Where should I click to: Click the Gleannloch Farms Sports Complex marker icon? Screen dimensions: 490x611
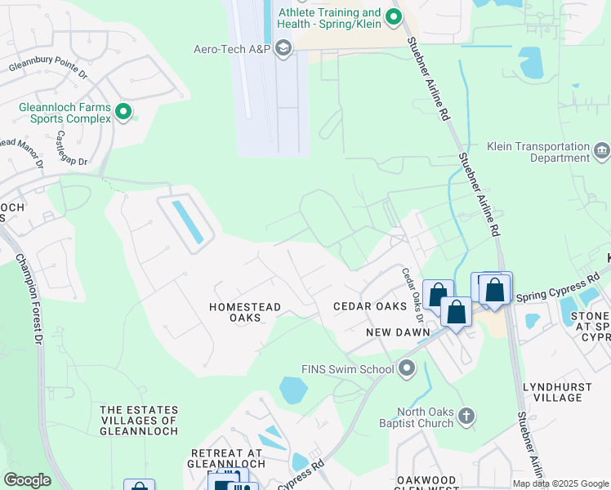pyautogui.click(x=123, y=112)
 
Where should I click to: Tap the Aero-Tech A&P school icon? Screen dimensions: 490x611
pyautogui.click(x=283, y=50)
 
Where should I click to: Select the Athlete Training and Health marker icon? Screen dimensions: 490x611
pyautogui.click(x=394, y=16)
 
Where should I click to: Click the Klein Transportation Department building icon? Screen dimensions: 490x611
pyautogui.click(x=601, y=151)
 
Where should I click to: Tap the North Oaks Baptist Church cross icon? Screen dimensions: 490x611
pyautogui.click(x=466, y=417)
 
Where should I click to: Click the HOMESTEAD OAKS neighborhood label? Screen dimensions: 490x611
pyautogui.click(x=245, y=313)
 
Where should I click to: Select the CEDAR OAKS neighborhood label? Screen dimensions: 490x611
pyautogui.click(x=370, y=306)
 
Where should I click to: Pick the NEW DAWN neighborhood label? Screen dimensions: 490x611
pyautogui.click(x=392, y=332)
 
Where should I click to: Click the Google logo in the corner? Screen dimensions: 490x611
pyautogui.click(x=27, y=480)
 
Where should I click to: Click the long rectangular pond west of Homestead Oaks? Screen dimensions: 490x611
pyautogui.click(x=187, y=221)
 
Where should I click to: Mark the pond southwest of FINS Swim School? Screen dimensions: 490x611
pyautogui.click(x=293, y=390)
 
